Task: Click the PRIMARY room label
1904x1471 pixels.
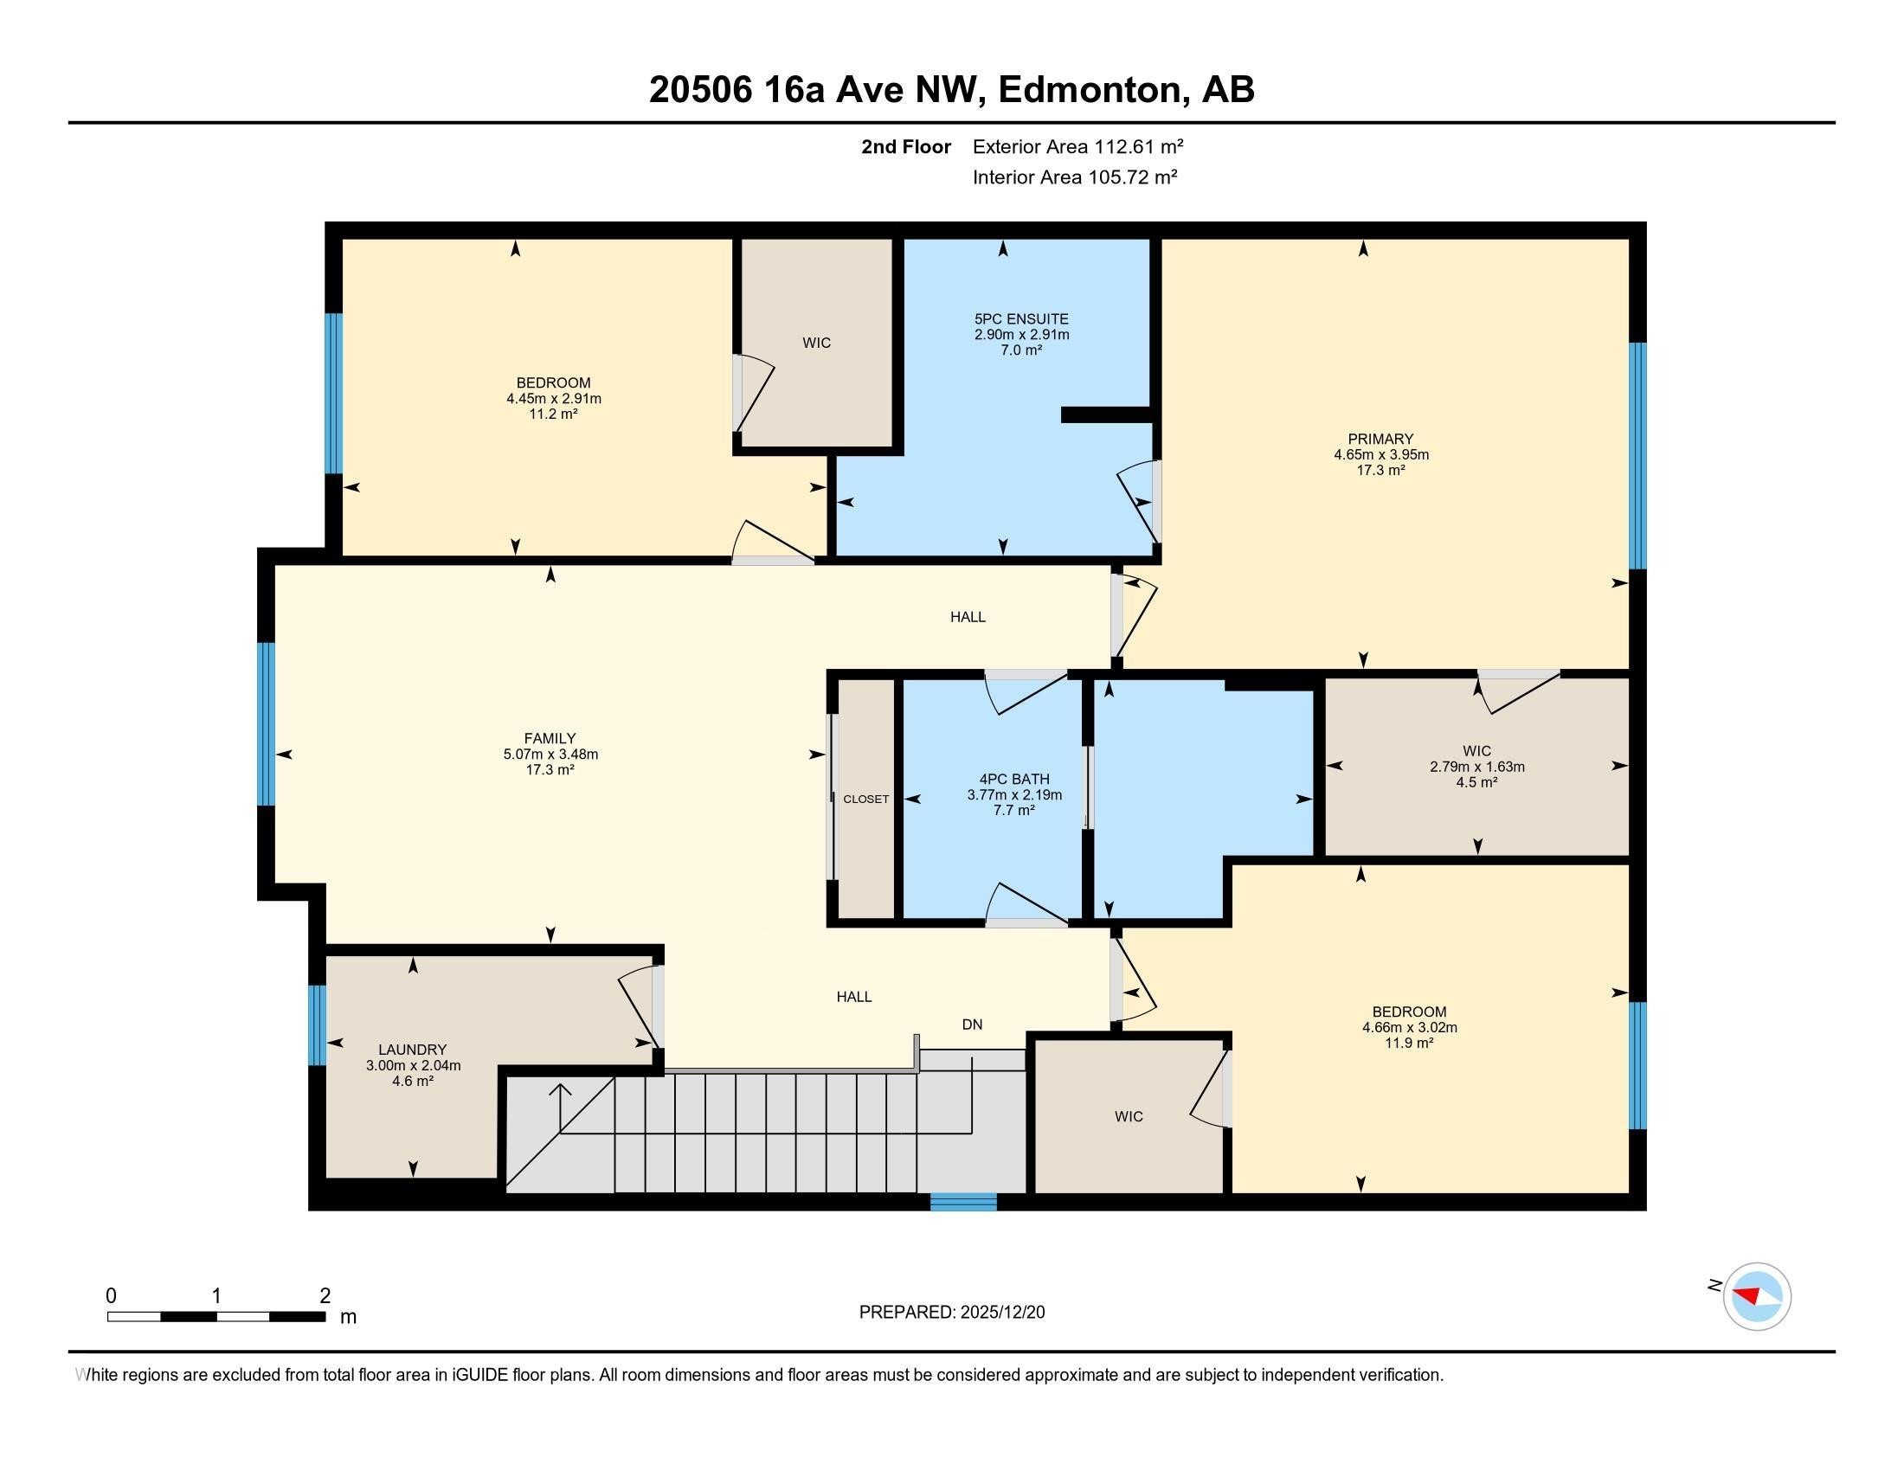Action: tap(1380, 439)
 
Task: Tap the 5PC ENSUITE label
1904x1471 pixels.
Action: tap(1021, 319)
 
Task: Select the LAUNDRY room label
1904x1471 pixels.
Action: tap(412, 1050)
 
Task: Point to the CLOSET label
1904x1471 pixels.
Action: tap(865, 799)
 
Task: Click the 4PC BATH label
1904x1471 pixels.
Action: tap(1014, 779)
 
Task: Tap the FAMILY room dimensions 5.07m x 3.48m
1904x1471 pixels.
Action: tap(550, 754)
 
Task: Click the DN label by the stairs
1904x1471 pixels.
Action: tap(972, 1024)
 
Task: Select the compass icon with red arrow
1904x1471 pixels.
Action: tap(1756, 1296)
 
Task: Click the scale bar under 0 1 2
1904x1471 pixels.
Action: tap(216, 1316)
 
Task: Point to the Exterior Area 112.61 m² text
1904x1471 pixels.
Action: tap(1077, 146)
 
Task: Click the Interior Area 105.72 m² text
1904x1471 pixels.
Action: tap(1075, 177)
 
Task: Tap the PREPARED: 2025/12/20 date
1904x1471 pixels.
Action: tap(951, 1312)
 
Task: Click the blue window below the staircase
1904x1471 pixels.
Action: tap(962, 1202)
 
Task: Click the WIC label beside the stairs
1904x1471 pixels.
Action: tap(1128, 1116)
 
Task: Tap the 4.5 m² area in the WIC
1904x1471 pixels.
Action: tap(1476, 781)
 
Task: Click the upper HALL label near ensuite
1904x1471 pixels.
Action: tap(968, 617)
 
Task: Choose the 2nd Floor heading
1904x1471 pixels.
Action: tap(906, 146)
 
